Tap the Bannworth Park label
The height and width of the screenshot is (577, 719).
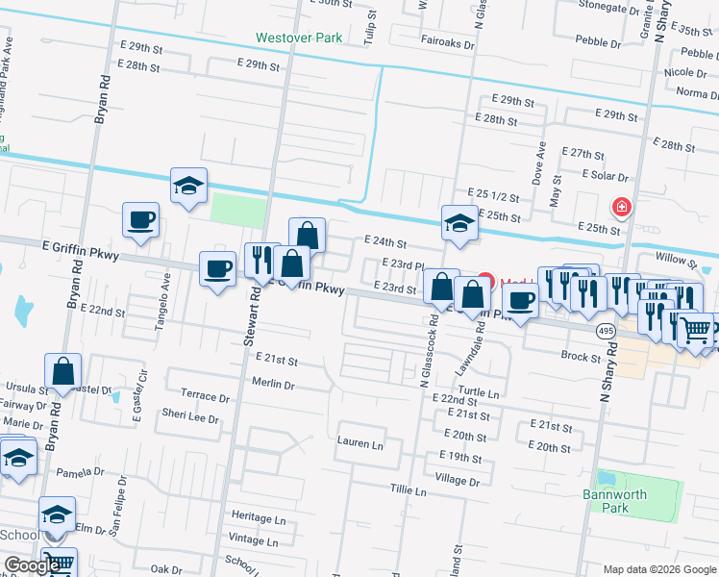[x=607, y=501]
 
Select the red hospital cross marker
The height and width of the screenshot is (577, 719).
[x=622, y=207]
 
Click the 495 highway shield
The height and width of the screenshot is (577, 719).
[x=606, y=330]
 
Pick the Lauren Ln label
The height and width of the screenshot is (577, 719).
[x=359, y=445]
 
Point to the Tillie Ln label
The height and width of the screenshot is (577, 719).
[x=408, y=490]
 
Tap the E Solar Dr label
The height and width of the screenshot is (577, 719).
[x=605, y=176]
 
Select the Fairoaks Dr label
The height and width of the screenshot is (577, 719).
[x=447, y=43]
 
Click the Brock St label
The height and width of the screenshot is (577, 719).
[x=581, y=356]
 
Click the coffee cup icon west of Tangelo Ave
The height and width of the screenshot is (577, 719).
[x=140, y=219]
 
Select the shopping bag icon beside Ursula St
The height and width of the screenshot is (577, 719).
[x=62, y=371]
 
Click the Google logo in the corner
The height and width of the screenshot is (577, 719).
[x=32, y=565]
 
